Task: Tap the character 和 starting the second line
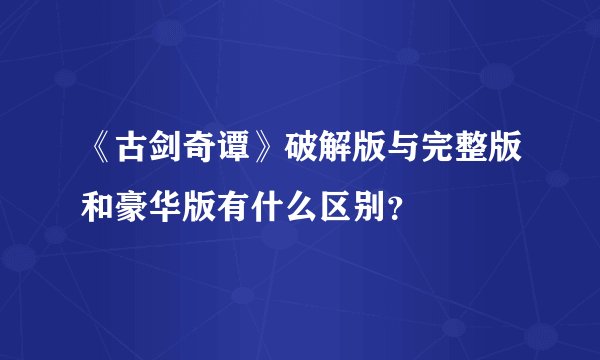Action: point(99,206)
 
